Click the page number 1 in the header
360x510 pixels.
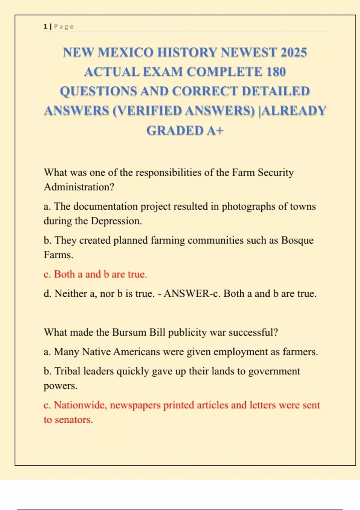tap(45, 26)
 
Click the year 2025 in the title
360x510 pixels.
tap(294, 52)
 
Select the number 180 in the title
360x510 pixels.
tap(275, 72)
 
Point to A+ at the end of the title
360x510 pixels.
tap(215, 130)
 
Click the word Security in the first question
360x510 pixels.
tap(276, 172)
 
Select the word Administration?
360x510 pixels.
tap(79, 187)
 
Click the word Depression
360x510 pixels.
tap(116, 221)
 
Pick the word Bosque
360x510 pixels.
tap(297, 240)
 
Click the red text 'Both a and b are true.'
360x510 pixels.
tap(100, 274)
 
